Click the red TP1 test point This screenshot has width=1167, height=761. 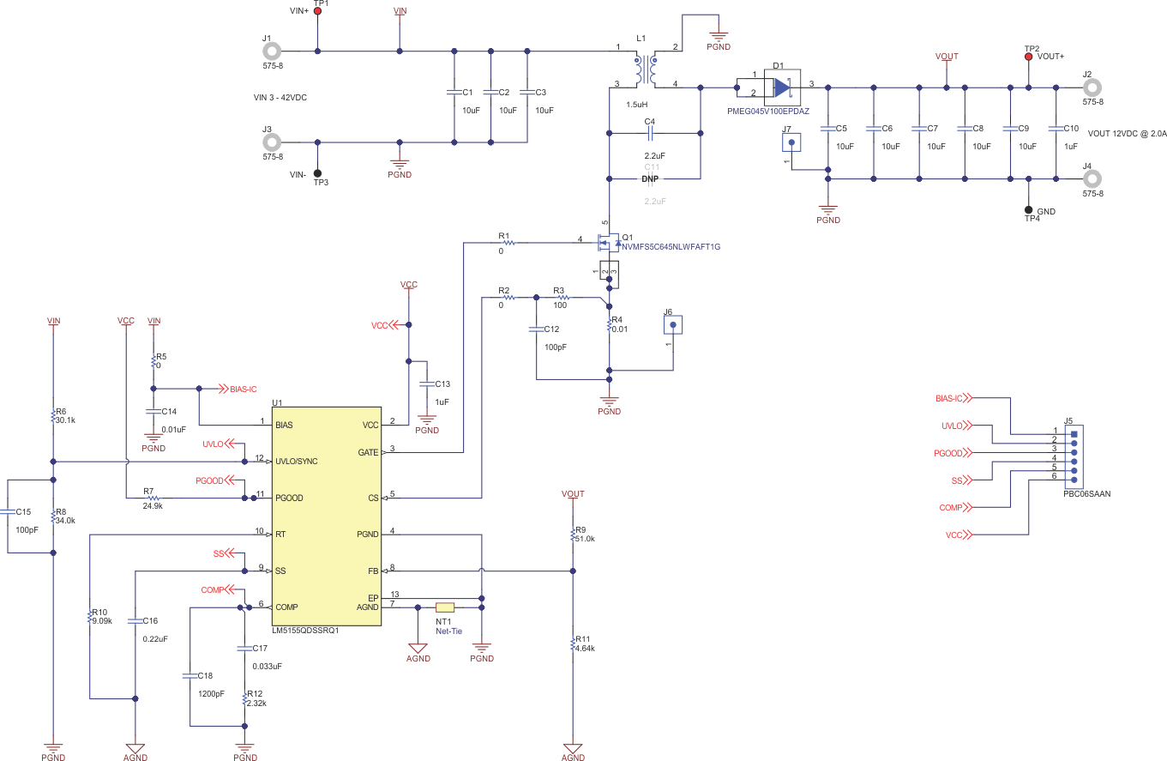(318, 11)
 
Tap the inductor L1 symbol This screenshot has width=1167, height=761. (645, 71)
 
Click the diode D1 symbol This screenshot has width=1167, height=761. (781, 88)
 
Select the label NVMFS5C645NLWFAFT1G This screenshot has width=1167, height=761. (671, 247)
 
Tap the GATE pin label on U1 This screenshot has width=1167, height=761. (367, 451)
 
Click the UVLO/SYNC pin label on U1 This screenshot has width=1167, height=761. (297, 462)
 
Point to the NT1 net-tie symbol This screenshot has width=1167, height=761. (445, 607)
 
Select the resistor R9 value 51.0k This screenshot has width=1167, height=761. (586, 539)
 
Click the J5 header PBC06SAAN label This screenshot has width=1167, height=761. (1086, 493)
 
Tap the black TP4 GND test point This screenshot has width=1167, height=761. (1029, 209)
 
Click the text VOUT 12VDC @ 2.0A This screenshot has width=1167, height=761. (1125, 134)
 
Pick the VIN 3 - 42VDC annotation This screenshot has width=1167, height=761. (274, 98)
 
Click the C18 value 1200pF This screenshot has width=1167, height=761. (211, 693)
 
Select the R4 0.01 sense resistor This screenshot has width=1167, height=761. (610, 324)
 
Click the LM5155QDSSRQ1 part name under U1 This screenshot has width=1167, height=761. (305, 630)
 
